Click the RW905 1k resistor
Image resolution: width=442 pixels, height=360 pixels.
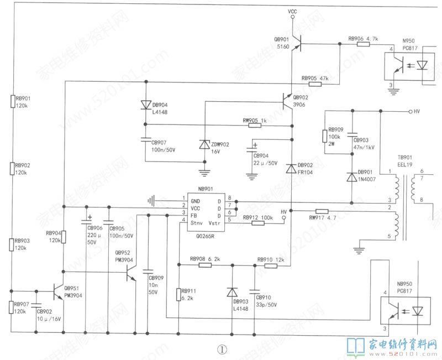pos(255,126)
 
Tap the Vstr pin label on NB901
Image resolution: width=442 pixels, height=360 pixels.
pos(216,223)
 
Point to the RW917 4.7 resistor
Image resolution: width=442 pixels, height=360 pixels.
pos(322,211)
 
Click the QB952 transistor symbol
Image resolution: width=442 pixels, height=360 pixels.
pos(131,273)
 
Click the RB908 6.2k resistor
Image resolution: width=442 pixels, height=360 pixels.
pos(205,265)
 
